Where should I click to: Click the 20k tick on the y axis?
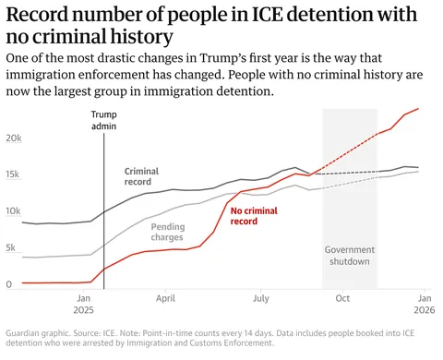click(x=13, y=138)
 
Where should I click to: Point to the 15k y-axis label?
click(x=13, y=174)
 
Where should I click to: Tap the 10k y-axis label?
click(x=13, y=211)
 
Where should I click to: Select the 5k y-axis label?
click(x=10, y=248)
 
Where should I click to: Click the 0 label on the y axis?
click(x=8, y=284)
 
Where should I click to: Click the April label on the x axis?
click(x=165, y=299)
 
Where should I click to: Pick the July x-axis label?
click(x=261, y=299)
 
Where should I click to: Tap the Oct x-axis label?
click(x=342, y=299)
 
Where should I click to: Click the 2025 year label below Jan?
click(x=83, y=312)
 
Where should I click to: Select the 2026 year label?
click(x=423, y=312)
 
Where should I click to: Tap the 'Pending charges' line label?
click(x=167, y=232)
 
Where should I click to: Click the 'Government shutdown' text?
click(x=348, y=255)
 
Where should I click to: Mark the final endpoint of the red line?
click(x=418, y=109)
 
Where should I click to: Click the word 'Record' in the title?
click(x=40, y=14)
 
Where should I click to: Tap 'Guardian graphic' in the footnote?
click(x=37, y=332)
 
